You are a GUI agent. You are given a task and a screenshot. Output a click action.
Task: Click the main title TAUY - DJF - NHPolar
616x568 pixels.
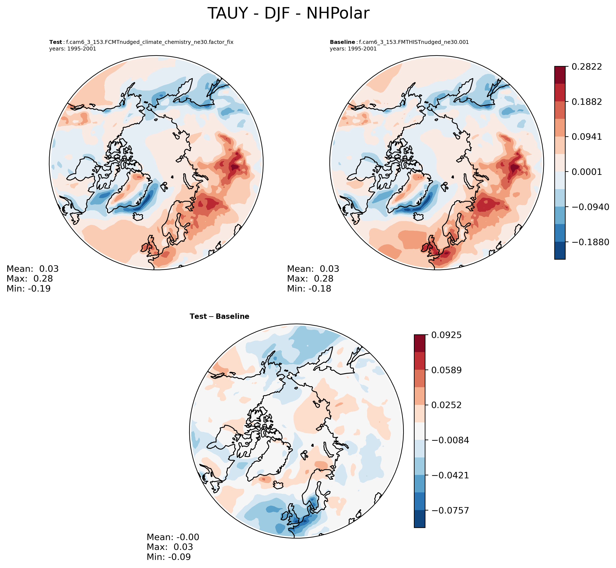pyautogui.click(x=288, y=14)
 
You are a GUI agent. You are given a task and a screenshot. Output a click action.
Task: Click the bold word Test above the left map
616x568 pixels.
pyautogui.click(x=56, y=42)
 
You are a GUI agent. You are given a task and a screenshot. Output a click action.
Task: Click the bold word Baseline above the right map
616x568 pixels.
pyautogui.click(x=342, y=42)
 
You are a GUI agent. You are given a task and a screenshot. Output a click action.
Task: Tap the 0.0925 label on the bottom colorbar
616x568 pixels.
pyautogui.click(x=446, y=335)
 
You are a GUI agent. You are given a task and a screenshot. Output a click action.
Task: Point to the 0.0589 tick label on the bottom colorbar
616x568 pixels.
pyautogui.click(x=446, y=370)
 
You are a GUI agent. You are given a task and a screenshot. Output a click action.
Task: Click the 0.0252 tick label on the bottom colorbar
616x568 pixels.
pyautogui.click(x=446, y=405)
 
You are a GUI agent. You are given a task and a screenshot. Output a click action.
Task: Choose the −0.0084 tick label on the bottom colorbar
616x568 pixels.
pyautogui.click(x=450, y=440)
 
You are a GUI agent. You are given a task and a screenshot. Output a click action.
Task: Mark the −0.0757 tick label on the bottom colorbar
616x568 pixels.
pyautogui.click(x=450, y=510)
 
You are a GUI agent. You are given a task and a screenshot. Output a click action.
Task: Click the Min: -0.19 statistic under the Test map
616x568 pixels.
pyautogui.click(x=29, y=289)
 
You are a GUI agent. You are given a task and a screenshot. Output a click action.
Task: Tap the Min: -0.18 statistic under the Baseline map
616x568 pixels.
pyautogui.click(x=309, y=289)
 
